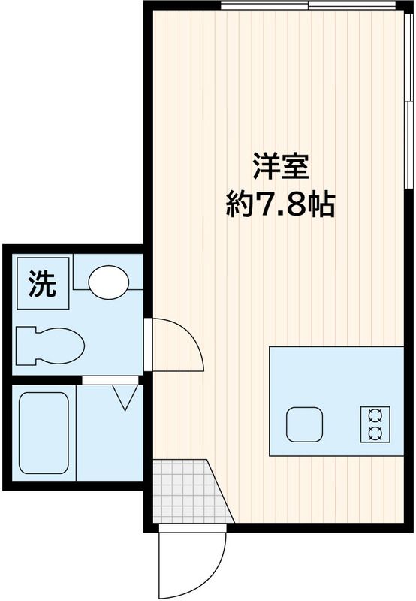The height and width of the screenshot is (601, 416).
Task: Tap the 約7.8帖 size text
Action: [x=281, y=204]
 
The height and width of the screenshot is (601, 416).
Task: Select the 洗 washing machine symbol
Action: [x=42, y=283]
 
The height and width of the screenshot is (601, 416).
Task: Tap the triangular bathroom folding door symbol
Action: [x=124, y=397]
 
